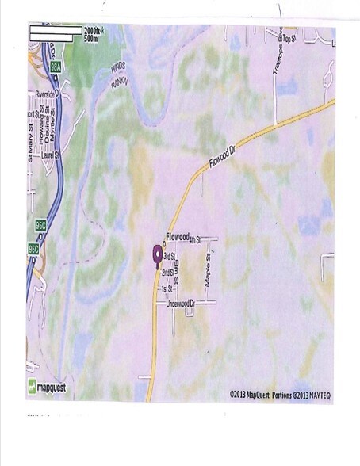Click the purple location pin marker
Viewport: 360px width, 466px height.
[156, 254]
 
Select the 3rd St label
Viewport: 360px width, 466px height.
[169, 257]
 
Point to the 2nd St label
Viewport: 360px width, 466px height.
[167, 273]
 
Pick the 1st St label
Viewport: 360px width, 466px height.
[167, 288]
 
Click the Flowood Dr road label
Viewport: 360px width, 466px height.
[224, 157]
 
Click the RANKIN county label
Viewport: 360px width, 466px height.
[119, 82]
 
